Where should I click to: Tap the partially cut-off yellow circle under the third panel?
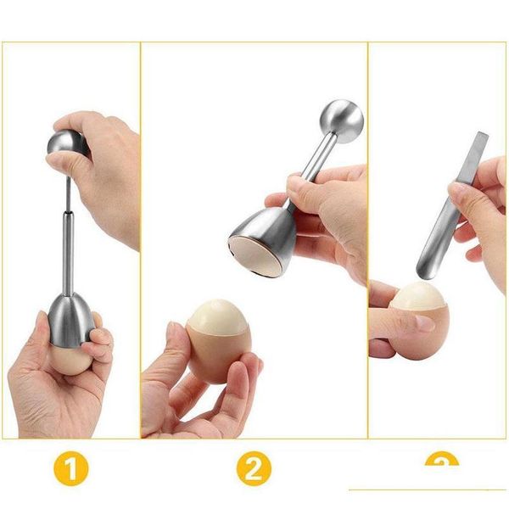coord(441,461)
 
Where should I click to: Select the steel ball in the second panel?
coord(342,120)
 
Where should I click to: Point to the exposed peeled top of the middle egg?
coord(219,315)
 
